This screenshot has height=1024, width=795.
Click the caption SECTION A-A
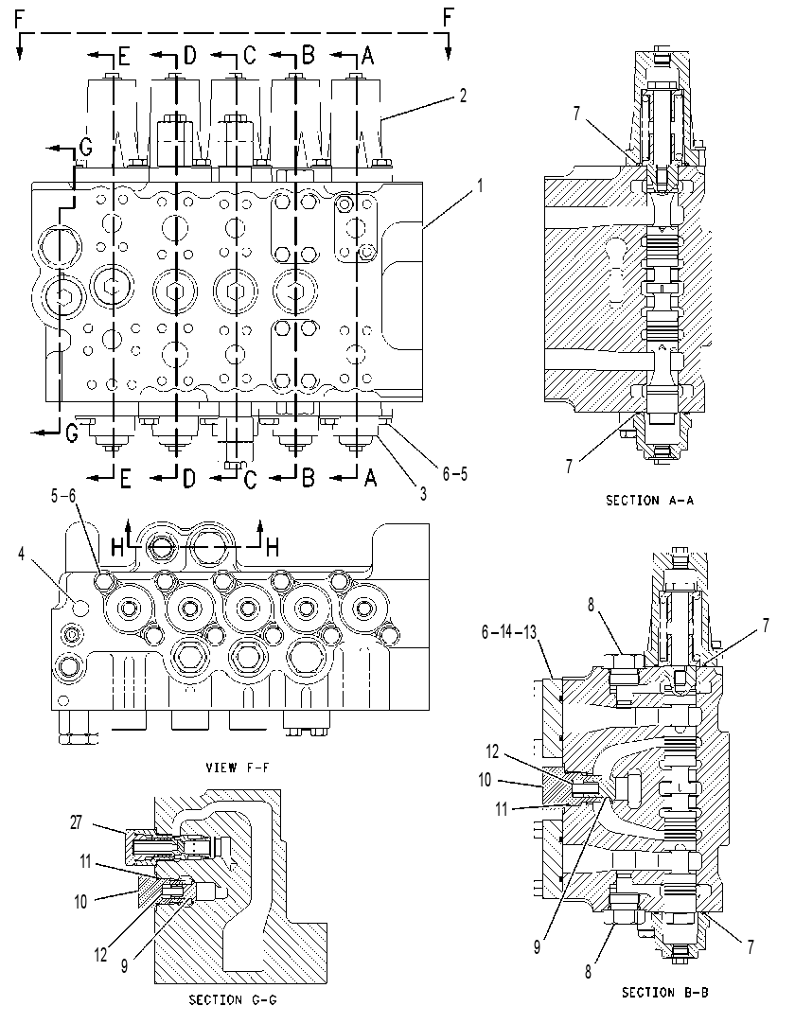(x=649, y=501)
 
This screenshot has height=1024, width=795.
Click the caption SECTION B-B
(x=664, y=993)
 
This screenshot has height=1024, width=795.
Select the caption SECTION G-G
(x=233, y=999)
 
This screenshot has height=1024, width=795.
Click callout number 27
(x=77, y=822)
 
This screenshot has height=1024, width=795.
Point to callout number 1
(x=481, y=186)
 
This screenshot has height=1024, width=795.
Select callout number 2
(x=463, y=96)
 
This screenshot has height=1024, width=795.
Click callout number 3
(x=423, y=494)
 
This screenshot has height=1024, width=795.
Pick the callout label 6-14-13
(x=509, y=632)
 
